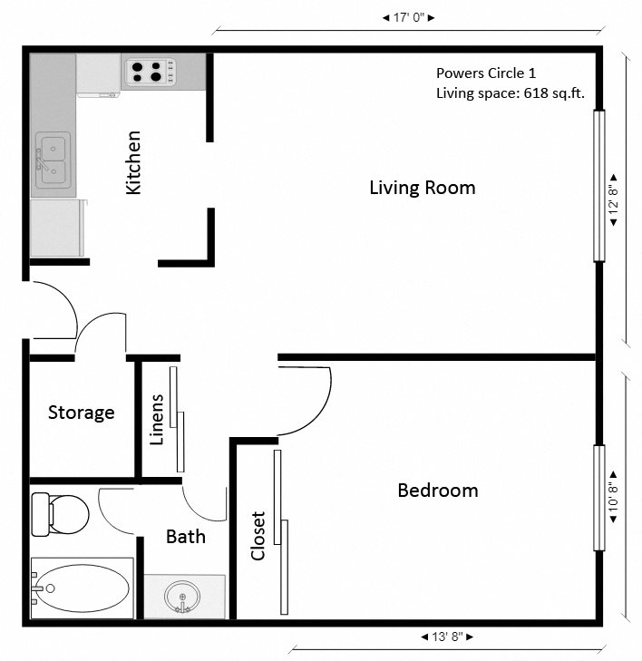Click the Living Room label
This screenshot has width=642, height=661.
pos(422,188)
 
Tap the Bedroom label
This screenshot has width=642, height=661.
pos(437,491)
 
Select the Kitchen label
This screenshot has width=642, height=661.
pos(134,162)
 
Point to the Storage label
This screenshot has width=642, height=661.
pos(81,413)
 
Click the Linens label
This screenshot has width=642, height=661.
pos(156,420)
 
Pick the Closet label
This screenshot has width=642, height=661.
pos(258,535)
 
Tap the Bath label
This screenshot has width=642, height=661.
pos(185,536)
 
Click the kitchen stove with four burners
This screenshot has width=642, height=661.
pos(150,71)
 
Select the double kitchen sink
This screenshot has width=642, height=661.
pos(52,160)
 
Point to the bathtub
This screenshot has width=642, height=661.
pos(80,588)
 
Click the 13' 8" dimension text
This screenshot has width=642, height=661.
pos(447,636)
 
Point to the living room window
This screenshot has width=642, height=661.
pos(598,186)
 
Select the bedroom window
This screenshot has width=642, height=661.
pos(598,498)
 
